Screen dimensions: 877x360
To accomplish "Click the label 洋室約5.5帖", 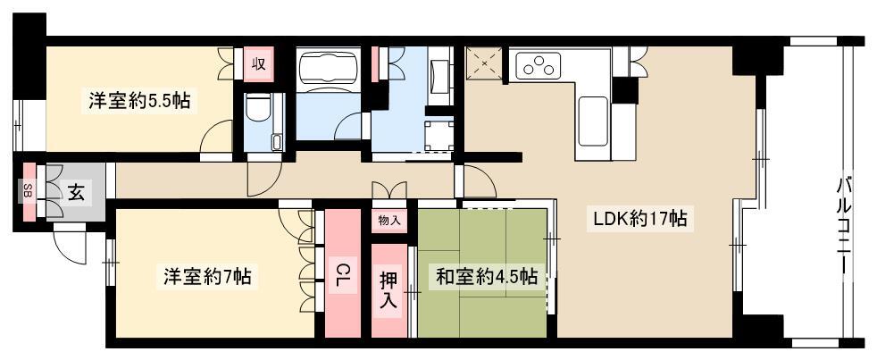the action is (x=138, y=100).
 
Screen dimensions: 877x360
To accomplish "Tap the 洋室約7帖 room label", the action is (x=207, y=277).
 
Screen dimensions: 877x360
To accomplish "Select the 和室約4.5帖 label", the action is (x=487, y=277).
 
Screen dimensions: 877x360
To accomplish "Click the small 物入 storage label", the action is (x=389, y=220).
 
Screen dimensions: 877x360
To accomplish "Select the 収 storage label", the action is (x=258, y=64).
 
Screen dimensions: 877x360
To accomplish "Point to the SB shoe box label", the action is (x=27, y=191).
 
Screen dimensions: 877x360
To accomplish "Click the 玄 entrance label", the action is (x=77, y=192).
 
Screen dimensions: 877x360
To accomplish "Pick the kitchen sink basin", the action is (x=592, y=121).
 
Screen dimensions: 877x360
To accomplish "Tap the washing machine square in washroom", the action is (x=438, y=136).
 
